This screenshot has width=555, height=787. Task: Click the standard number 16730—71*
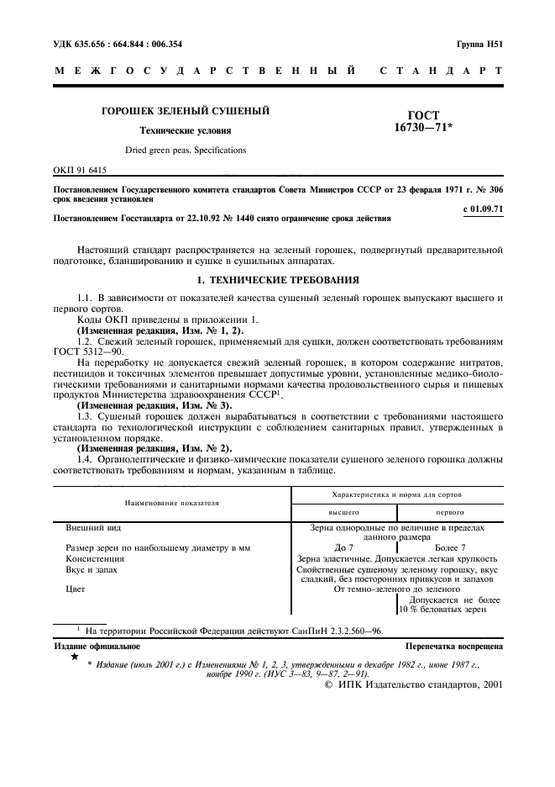[421, 127]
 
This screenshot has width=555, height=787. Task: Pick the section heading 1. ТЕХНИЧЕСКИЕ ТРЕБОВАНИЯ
[277, 279]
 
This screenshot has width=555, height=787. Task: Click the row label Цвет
[76, 589]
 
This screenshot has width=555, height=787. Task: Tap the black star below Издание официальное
[75, 658]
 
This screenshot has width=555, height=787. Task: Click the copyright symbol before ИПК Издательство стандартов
[329, 685]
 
